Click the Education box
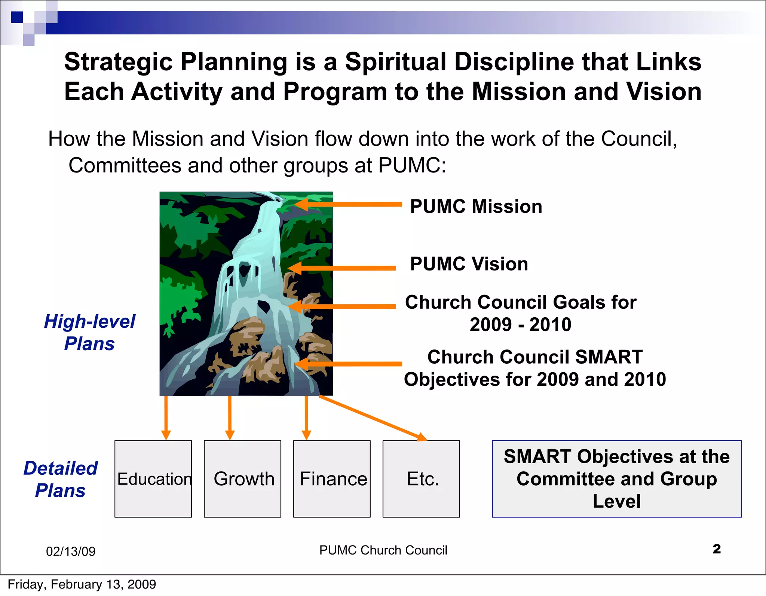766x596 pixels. (x=153, y=479)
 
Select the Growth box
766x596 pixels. (x=242, y=479)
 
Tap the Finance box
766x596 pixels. (x=332, y=479)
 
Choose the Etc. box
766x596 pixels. (x=421, y=479)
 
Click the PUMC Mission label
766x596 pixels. (x=476, y=207)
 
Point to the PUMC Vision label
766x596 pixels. (x=469, y=264)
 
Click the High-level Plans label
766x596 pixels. (x=89, y=332)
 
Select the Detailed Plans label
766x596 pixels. (x=61, y=479)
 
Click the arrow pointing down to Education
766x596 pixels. (x=166, y=417)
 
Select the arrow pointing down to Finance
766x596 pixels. (x=306, y=417)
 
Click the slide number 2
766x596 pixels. (x=717, y=549)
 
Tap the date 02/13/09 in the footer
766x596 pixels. (x=71, y=551)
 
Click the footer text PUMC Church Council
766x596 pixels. (x=383, y=550)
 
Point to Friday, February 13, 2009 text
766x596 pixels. (x=82, y=584)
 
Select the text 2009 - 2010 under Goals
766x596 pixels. (x=520, y=324)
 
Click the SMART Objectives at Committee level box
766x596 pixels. (x=616, y=479)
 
